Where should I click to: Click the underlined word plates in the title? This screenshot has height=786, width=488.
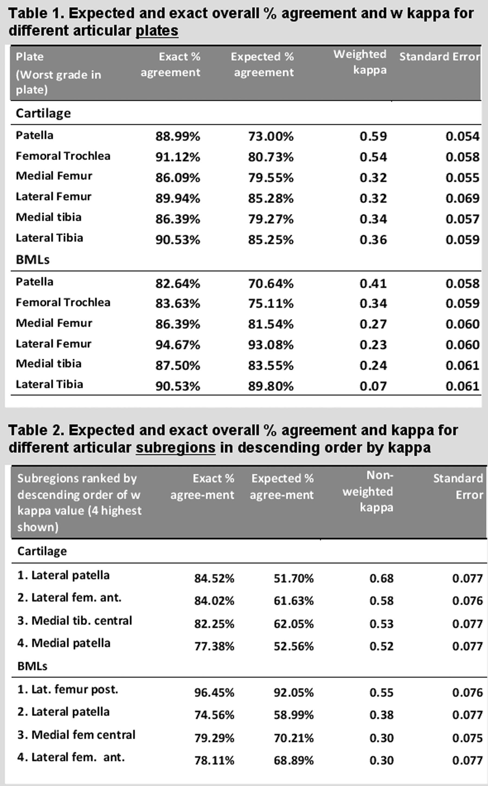(x=157, y=31)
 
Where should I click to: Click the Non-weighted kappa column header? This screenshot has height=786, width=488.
(x=368, y=491)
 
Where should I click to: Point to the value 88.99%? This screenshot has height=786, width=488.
(x=178, y=136)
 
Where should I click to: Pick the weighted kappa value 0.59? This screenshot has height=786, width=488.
(x=373, y=136)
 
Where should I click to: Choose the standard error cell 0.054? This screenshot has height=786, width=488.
(x=462, y=136)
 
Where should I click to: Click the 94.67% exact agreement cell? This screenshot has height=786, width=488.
(x=178, y=345)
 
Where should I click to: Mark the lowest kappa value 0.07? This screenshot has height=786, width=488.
(x=373, y=386)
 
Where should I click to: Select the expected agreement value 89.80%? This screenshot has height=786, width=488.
(x=271, y=386)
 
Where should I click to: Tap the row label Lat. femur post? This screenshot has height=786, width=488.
(x=68, y=689)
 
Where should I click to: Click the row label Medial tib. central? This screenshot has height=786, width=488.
(x=75, y=621)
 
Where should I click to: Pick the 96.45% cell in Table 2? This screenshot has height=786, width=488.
(x=214, y=692)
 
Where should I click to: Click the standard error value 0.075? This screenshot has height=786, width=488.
(x=467, y=738)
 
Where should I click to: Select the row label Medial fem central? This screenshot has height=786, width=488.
(x=76, y=735)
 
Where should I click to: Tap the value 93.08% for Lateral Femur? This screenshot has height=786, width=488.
(x=271, y=345)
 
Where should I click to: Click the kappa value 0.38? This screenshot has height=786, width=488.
(x=381, y=715)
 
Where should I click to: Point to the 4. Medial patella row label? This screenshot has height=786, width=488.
(x=64, y=643)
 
